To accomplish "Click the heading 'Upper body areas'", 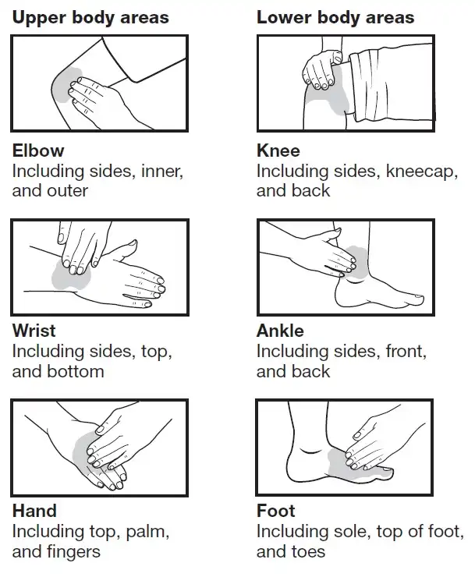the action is click(90, 18).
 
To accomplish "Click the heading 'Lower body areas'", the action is click(335, 18).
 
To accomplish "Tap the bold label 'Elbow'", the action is click(38, 150).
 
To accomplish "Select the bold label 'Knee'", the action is click(278, 150).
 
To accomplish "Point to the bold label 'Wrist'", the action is click(34, 331).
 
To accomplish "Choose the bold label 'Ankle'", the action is click(280, 331).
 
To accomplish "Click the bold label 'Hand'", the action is click(34, 511).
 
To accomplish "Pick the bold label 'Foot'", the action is click(276, 511).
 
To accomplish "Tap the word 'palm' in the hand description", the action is click(147, 532).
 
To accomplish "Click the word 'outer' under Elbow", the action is click(67, 190).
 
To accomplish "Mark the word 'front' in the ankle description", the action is click(406, 352).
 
